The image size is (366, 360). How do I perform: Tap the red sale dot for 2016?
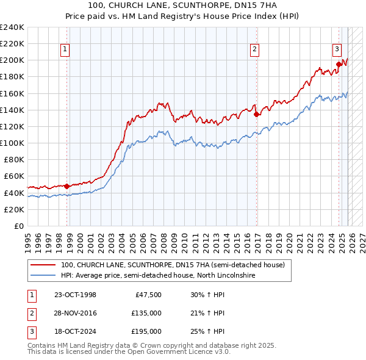click(x=256, y=113)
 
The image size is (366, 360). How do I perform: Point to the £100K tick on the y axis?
click(x=12, y=143)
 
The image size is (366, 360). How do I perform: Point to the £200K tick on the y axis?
click(x=12, y=60)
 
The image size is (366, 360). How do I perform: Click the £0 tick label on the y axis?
click(x=20, y=226)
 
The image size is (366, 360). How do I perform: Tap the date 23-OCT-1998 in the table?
click(x=75, y=295)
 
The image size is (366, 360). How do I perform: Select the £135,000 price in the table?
click(x=146, y=313)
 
